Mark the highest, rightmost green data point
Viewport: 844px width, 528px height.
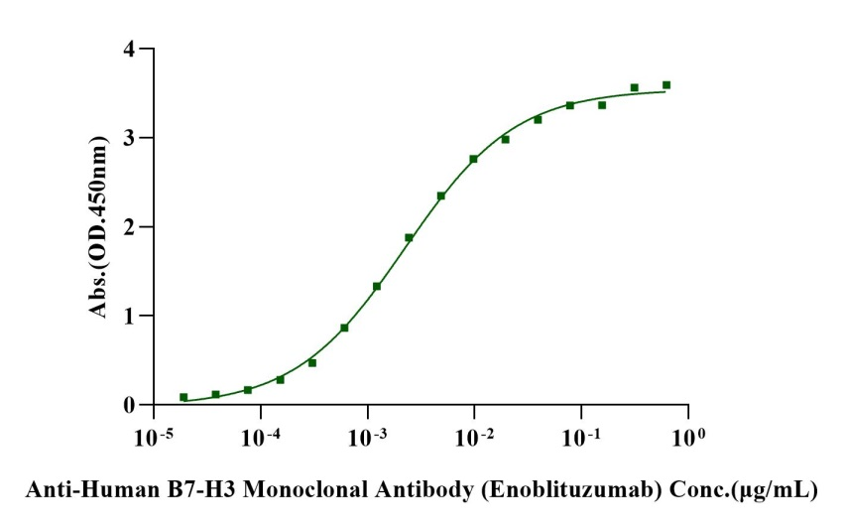[x=666, y=85]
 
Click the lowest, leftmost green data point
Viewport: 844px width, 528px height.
[x=183, y=397]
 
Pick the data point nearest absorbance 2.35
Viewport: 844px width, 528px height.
[x=441, y=196]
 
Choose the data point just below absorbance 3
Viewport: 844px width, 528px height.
[x=505, y=139]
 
